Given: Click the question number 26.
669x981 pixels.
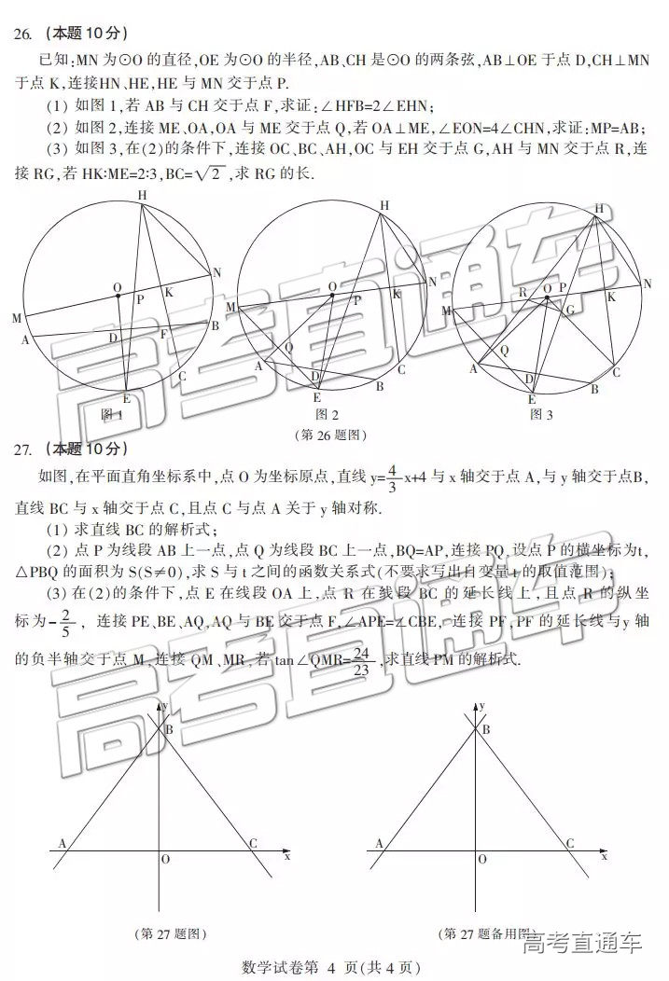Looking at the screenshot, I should click(23, 35).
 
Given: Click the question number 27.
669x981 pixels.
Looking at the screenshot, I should click(23, 449).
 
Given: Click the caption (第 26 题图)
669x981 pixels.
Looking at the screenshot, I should click(329, 435).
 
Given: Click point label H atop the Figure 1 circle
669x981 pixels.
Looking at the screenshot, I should click(142, 195).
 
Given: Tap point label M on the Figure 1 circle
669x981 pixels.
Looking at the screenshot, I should click(17, 319).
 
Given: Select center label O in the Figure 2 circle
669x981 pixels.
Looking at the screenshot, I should click(332, 286).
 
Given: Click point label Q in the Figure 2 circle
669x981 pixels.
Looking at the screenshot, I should click(289, 347).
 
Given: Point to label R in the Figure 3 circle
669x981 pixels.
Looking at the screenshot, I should click(523, 292).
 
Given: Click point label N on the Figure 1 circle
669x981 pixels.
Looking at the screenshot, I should click(216, 272).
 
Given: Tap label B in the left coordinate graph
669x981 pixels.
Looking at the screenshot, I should click(169, 729).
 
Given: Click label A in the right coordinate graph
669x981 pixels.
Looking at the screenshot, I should click(379, 844).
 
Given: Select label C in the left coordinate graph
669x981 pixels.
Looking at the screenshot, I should click(253, 844).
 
